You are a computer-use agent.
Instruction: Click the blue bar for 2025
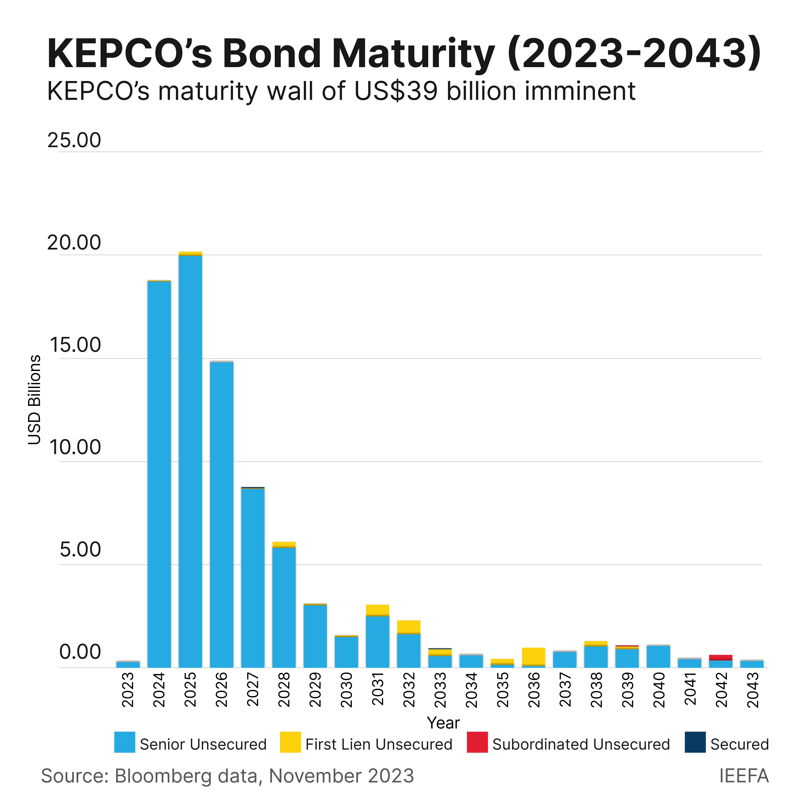tap(190, 461)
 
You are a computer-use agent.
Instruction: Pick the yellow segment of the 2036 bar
tap(534, 656)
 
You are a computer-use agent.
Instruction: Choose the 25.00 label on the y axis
tap(74, 140)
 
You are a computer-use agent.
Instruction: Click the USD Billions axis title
tap(34, 400)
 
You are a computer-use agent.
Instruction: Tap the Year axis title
tap(443, 723)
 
